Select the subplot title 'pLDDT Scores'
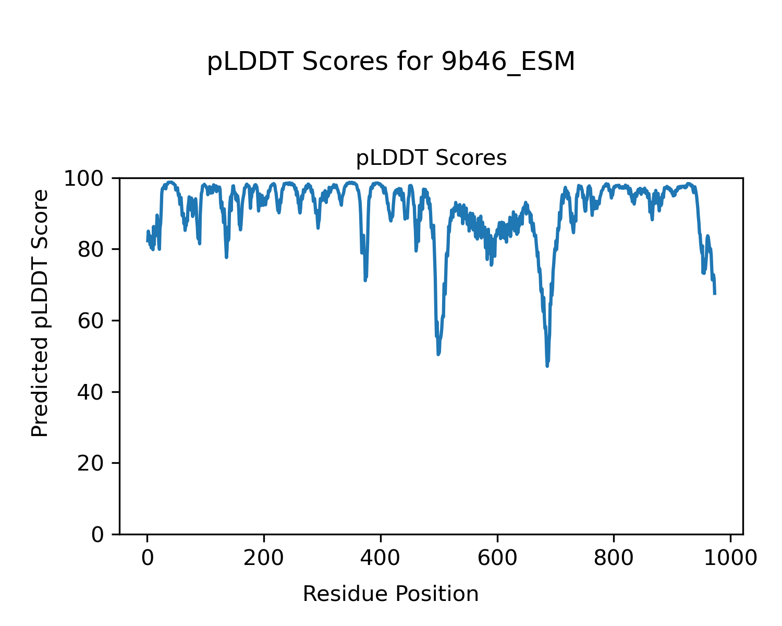click(431, 158)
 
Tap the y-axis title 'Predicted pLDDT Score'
click(40, 313)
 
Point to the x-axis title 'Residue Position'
click(390, 594)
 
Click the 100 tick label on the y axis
click(89, 178)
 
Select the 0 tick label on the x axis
click(148, 558)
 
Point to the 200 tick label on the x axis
click(264, 558)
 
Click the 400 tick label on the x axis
click(381, 558)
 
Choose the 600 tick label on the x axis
click(497, 558)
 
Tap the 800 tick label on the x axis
click(614, 558)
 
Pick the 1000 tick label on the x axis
click(730, 558)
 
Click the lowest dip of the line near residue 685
click(547, 366)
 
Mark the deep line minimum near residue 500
click(438, 354)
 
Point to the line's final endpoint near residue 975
click(715, 294)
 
